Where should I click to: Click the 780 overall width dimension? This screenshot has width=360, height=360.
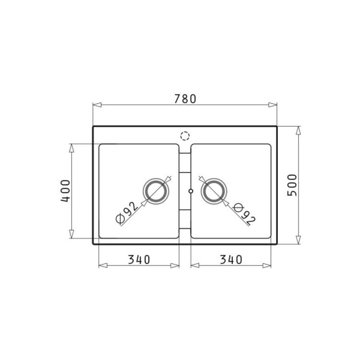[185, 99]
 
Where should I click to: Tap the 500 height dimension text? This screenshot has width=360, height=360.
[292, 185]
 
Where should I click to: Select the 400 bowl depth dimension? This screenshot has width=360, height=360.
[65, 191]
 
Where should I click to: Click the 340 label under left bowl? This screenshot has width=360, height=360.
[139, 260]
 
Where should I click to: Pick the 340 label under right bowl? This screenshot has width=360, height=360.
[231, 260]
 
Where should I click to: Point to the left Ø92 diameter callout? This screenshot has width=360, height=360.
[127, 212]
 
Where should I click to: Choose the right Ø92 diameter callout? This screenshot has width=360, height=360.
[244, 214]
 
